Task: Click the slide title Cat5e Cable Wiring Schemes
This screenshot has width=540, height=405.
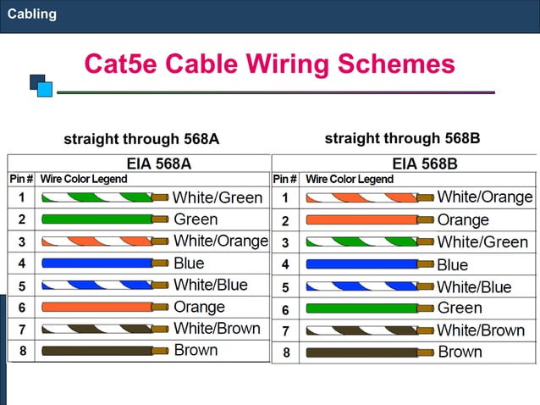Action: (x=269, y=64)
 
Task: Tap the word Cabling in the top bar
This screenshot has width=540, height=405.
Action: (x=32, y=14)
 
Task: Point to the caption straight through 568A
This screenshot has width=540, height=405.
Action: (x=141, y=139)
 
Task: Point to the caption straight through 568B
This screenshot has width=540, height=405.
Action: (x=402, y=138)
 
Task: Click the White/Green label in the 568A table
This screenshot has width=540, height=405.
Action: (x=218, y=197)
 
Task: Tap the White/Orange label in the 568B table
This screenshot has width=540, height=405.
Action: (x=485, y=197)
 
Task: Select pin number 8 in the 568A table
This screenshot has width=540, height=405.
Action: (x=22, y=350)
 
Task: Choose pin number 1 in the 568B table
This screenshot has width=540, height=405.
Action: (x=285, y=198)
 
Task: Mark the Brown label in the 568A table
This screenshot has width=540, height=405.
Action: (x=196, y=350)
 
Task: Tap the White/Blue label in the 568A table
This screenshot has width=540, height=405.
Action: (x=211, y=285)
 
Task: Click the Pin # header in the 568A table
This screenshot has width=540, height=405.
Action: (x=21, y=179)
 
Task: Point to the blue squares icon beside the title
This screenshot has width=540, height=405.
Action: (x=41, y=86)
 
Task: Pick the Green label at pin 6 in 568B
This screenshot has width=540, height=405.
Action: (x=460, y=308)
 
